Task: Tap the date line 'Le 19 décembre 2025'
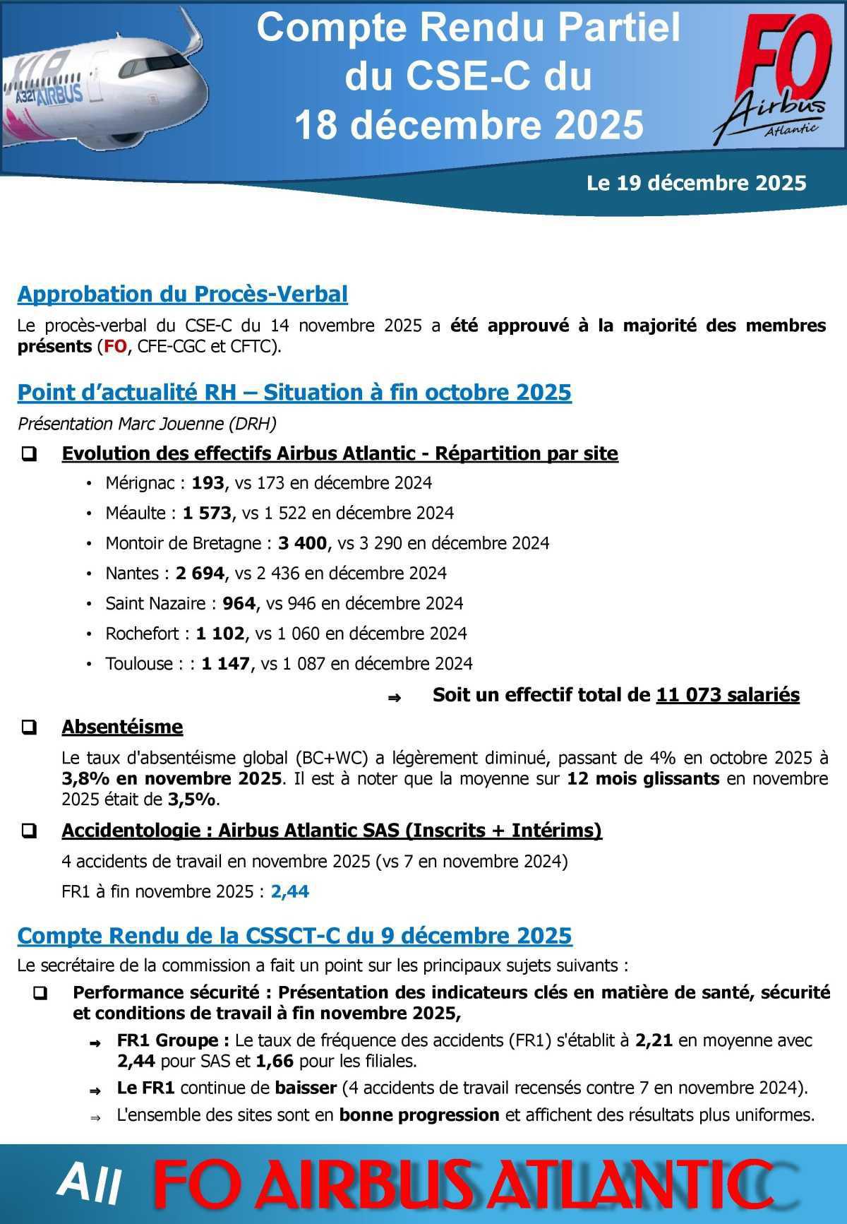pyautogui.click(x=696, y=184)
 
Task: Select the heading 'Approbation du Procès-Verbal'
pyautogui.click(x=182, y=295)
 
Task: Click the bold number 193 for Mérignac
pyautogui.click(x=207, y=483)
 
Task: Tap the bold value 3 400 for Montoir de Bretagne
pyautogui.click(x=302, y=543)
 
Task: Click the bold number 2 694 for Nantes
pyautogui.click(x=200, y=574)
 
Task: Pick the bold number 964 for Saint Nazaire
pyautogui.click(x=239, y=604)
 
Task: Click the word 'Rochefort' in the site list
pyautogui.click(x=142, y=634)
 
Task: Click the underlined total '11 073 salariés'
pyautogui.click(x=727, y=695)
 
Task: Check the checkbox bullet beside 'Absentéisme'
pyautogui.click(x=30, y=727)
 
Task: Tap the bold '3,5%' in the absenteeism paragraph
pyautogui.click(x=191, y=800)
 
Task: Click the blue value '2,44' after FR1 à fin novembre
pyautogui.click(x=289, y=891)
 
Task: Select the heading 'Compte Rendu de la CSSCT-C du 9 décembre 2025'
pyautogui.click(x=294, y=936)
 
